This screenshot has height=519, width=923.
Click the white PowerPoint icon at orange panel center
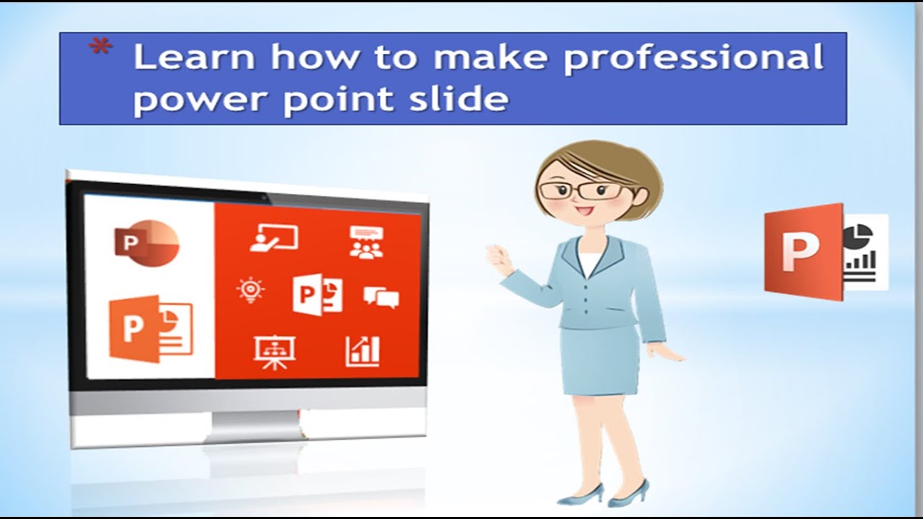pos(317,294)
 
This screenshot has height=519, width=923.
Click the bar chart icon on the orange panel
pos(362,351)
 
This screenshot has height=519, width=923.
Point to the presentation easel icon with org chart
pos(274,352)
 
